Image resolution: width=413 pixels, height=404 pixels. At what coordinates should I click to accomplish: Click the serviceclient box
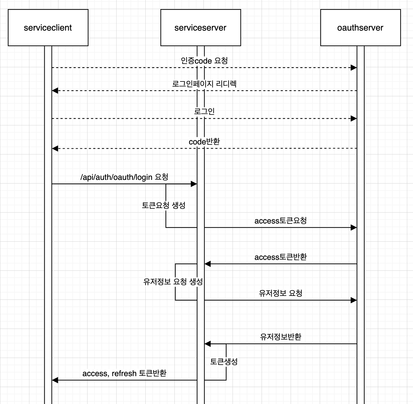(48, 28)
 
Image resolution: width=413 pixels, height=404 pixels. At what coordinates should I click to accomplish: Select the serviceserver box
(200, 28)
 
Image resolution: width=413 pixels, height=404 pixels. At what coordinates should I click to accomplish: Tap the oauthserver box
(360, 28)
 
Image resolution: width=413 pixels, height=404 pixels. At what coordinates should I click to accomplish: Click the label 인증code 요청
(204, 61)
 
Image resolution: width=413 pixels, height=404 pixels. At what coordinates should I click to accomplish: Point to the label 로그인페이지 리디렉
(204, 84)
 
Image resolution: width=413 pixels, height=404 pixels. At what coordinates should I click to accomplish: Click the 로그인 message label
(204, 111)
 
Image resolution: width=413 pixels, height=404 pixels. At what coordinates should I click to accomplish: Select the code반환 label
(204, 141)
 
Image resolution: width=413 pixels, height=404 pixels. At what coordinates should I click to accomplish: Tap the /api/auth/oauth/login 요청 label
(124, 177)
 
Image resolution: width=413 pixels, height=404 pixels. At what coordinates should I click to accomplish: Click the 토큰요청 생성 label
(164, 205)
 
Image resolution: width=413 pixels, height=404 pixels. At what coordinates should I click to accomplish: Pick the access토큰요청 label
(281, 220)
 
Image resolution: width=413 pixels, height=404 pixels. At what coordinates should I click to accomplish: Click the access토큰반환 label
(281, 257)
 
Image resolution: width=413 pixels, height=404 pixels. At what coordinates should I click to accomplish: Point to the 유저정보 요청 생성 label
(173, 282)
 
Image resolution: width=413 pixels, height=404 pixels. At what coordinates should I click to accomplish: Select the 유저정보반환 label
(281, 337)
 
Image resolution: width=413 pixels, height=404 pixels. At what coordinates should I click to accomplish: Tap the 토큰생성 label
(224, 361)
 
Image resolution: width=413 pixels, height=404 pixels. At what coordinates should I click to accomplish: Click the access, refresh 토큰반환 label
(124, 373)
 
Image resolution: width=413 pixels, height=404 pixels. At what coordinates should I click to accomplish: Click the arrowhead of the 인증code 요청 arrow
(354, 68)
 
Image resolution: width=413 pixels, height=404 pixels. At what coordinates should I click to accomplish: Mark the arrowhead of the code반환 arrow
(55, 148)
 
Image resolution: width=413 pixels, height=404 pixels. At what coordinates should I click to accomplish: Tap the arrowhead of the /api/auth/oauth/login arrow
(194, 184)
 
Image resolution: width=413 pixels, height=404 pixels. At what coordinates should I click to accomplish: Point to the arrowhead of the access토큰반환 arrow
(208, 264)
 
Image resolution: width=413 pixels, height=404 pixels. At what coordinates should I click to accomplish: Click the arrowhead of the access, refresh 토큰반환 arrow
(55, 380)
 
